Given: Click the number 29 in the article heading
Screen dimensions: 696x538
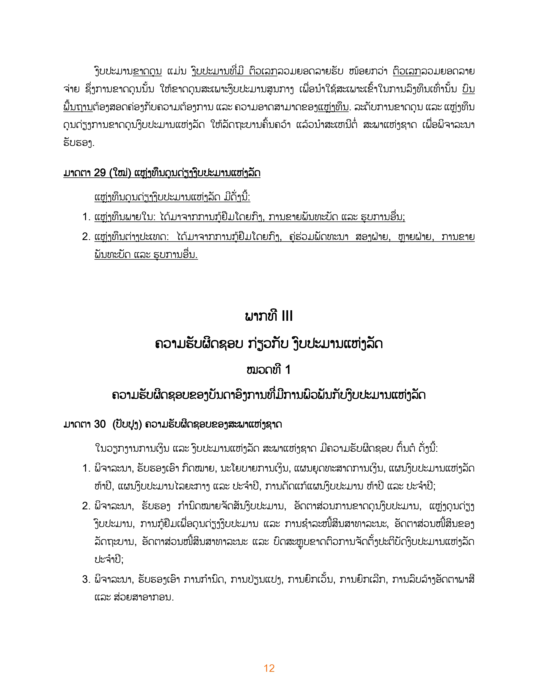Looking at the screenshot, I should tap(100, 173).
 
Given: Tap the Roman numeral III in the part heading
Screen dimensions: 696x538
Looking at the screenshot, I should tap(287, 316).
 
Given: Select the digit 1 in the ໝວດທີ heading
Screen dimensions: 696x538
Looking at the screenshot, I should tap(288, 370).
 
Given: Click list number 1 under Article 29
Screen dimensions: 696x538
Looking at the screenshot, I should tap(86, 217).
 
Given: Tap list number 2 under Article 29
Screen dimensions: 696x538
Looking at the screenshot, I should tap(86, 237).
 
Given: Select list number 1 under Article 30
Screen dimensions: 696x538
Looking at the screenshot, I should tap(86, 468).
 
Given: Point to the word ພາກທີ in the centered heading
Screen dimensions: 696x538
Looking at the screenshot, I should tap(261, 316).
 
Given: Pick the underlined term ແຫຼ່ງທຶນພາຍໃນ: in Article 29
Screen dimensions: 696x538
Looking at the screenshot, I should tap(125, 217).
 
